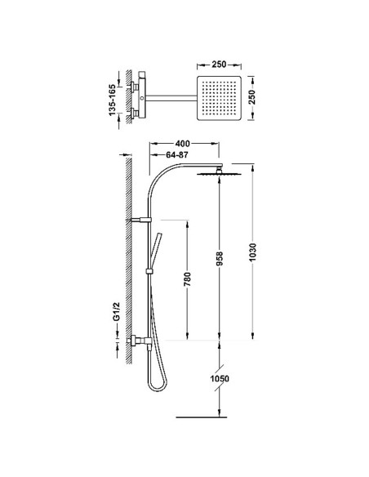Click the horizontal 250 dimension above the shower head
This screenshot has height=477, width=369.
[x=217, y=64]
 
